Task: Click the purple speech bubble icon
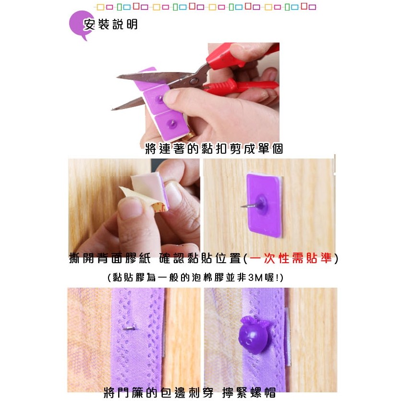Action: [x=79, y=25]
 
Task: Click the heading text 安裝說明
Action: [x=110, y=24]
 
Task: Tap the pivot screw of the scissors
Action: [x=194, y=81]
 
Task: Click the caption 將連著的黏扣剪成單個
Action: [x=214, y=148]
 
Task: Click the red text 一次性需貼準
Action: [x=291, y=258]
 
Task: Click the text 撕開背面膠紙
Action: [x=109, y=258]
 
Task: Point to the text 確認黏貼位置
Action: [x=200, y=258]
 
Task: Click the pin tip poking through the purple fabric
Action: [x=129, y=328]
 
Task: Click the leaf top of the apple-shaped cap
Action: [x=254, y=321]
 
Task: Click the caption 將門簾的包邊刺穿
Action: [x=158, y=392]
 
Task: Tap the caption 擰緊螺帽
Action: [x=249, y=392]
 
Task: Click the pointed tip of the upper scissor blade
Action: [x=117, y=77]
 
